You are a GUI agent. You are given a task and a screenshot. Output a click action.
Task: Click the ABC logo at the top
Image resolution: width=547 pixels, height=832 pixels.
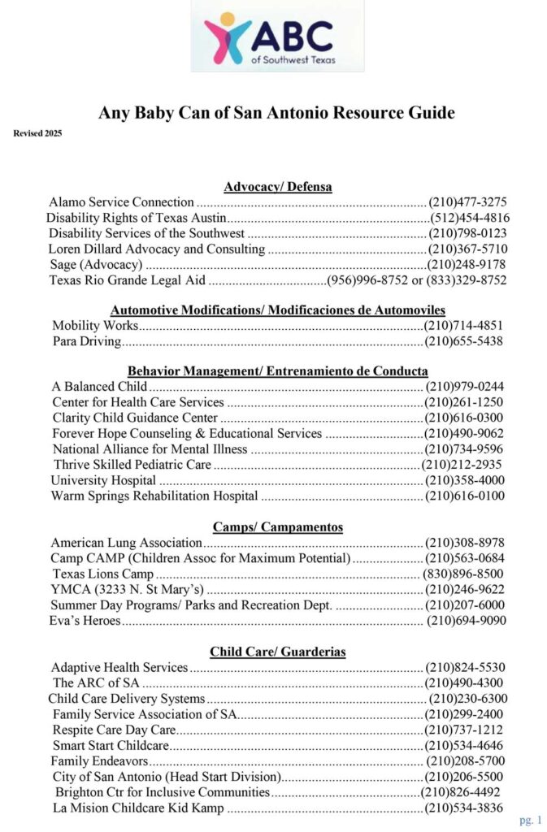[x=276, y=37]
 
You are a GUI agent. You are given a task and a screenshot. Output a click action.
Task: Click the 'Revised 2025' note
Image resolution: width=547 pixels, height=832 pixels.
[x=37, y=132]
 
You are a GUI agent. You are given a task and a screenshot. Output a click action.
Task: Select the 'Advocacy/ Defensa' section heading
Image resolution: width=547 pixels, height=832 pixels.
[x=277, y=187]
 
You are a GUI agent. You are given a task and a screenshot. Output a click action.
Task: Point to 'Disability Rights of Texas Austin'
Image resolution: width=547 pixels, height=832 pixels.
[x=135, y=218]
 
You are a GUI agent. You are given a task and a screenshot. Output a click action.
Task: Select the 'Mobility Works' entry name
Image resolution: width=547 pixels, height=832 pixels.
[x=95, y=326]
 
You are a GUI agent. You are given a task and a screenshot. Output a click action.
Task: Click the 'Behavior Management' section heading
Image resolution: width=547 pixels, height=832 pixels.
[x=277, y=371]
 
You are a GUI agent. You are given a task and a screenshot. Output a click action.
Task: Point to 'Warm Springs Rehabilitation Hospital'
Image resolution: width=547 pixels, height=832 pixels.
[x=154, y=496]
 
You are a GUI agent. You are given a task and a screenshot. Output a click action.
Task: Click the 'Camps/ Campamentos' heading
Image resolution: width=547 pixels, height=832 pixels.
[x=277, y=527]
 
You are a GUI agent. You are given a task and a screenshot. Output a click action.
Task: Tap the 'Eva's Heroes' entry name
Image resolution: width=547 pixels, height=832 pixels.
[x=85, y=621]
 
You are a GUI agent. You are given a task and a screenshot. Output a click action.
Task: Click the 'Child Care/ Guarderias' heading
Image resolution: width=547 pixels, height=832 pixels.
[x=277, y=652]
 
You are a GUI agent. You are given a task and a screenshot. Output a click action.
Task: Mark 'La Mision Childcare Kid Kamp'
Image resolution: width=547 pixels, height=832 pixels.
[x=137, y=808]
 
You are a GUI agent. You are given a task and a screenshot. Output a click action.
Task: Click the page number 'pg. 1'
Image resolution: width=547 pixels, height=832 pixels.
[x=531, y=820]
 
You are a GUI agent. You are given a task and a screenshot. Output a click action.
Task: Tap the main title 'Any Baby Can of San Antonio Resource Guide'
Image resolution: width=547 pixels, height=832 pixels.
[x=276, y=113]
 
